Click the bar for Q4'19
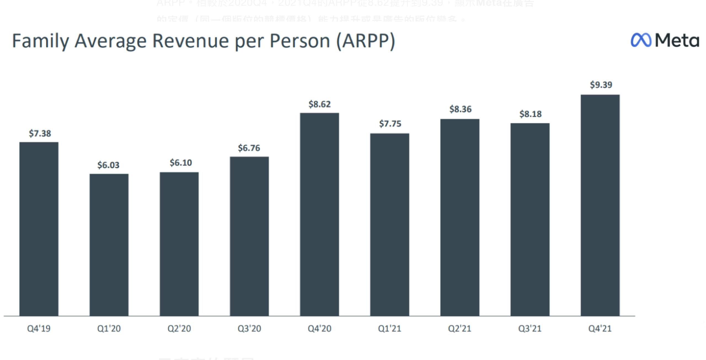tap(39, 229)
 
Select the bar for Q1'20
tap(109, 245)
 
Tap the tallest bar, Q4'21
tap(600, 205)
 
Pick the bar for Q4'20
tap(319, 214)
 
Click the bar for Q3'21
tap(530, 219)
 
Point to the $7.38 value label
tap(40, 134)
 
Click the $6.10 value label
tap(181, 163)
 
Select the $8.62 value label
tap(319, 104)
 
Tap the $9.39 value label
tap(601, 85)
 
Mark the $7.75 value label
tap(390, 123)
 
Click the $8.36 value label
tap(460, 109)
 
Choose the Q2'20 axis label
tap(179, 329)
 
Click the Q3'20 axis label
tap(249, 329)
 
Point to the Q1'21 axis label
tap(389, 329)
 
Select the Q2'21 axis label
tap(459, 329)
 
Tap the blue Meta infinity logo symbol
tap(641, 40)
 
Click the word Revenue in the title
tap(190, 41)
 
